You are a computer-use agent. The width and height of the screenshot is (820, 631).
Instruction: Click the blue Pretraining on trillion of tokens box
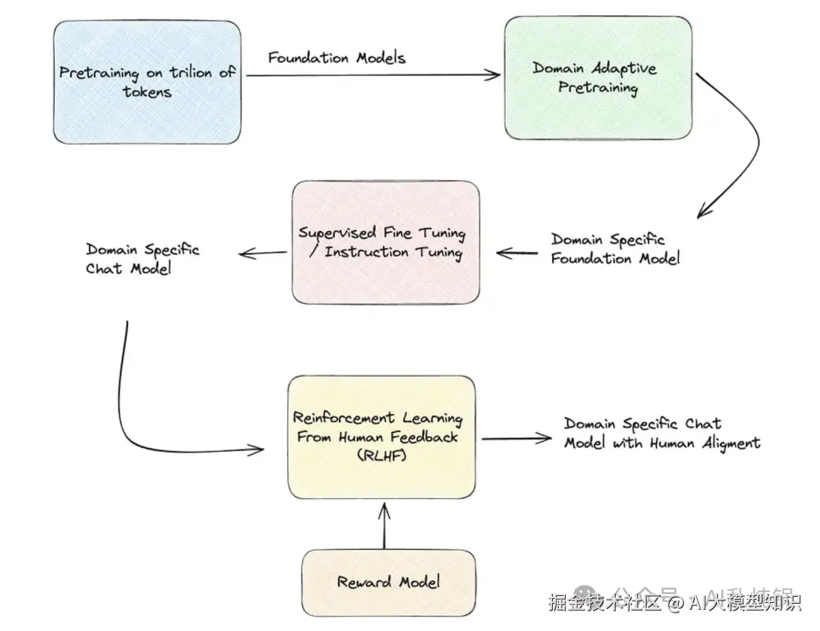pyautogui.click(x=147, y=82)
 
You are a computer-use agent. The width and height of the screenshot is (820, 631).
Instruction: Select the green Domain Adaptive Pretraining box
pyautogui.click(x=598, y=78)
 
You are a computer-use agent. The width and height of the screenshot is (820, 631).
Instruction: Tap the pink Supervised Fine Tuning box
pyautogui.click(x=386, y=243)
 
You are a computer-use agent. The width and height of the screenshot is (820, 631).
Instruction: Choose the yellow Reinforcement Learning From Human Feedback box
pyautogui.click(x=381, y=437)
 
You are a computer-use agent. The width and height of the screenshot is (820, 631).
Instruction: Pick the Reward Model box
pyautogui.click(x=389, y=582)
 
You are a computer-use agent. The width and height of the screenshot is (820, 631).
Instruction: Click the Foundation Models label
pyautogui.click(x=336, y=57)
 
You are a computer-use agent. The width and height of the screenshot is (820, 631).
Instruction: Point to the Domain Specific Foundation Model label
pyautogui.click(x=615, y=249)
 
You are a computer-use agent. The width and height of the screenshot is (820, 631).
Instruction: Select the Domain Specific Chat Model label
pyautogui.click(x=142, y=258)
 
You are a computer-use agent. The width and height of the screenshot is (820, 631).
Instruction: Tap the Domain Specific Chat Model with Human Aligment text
pyautogui.click(x=661, y=433)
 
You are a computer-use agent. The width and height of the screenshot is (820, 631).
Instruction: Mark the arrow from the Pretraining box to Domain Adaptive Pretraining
pyautogui.click(x=372, y=74)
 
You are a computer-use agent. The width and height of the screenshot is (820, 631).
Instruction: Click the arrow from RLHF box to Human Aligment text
pyautogui.click(x=516, y=438)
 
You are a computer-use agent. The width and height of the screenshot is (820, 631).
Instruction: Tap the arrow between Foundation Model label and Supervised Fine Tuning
pyautogui.click(x=516, y=253)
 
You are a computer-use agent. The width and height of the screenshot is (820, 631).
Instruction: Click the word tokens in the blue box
pyautogui.click(x=147, y=92)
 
